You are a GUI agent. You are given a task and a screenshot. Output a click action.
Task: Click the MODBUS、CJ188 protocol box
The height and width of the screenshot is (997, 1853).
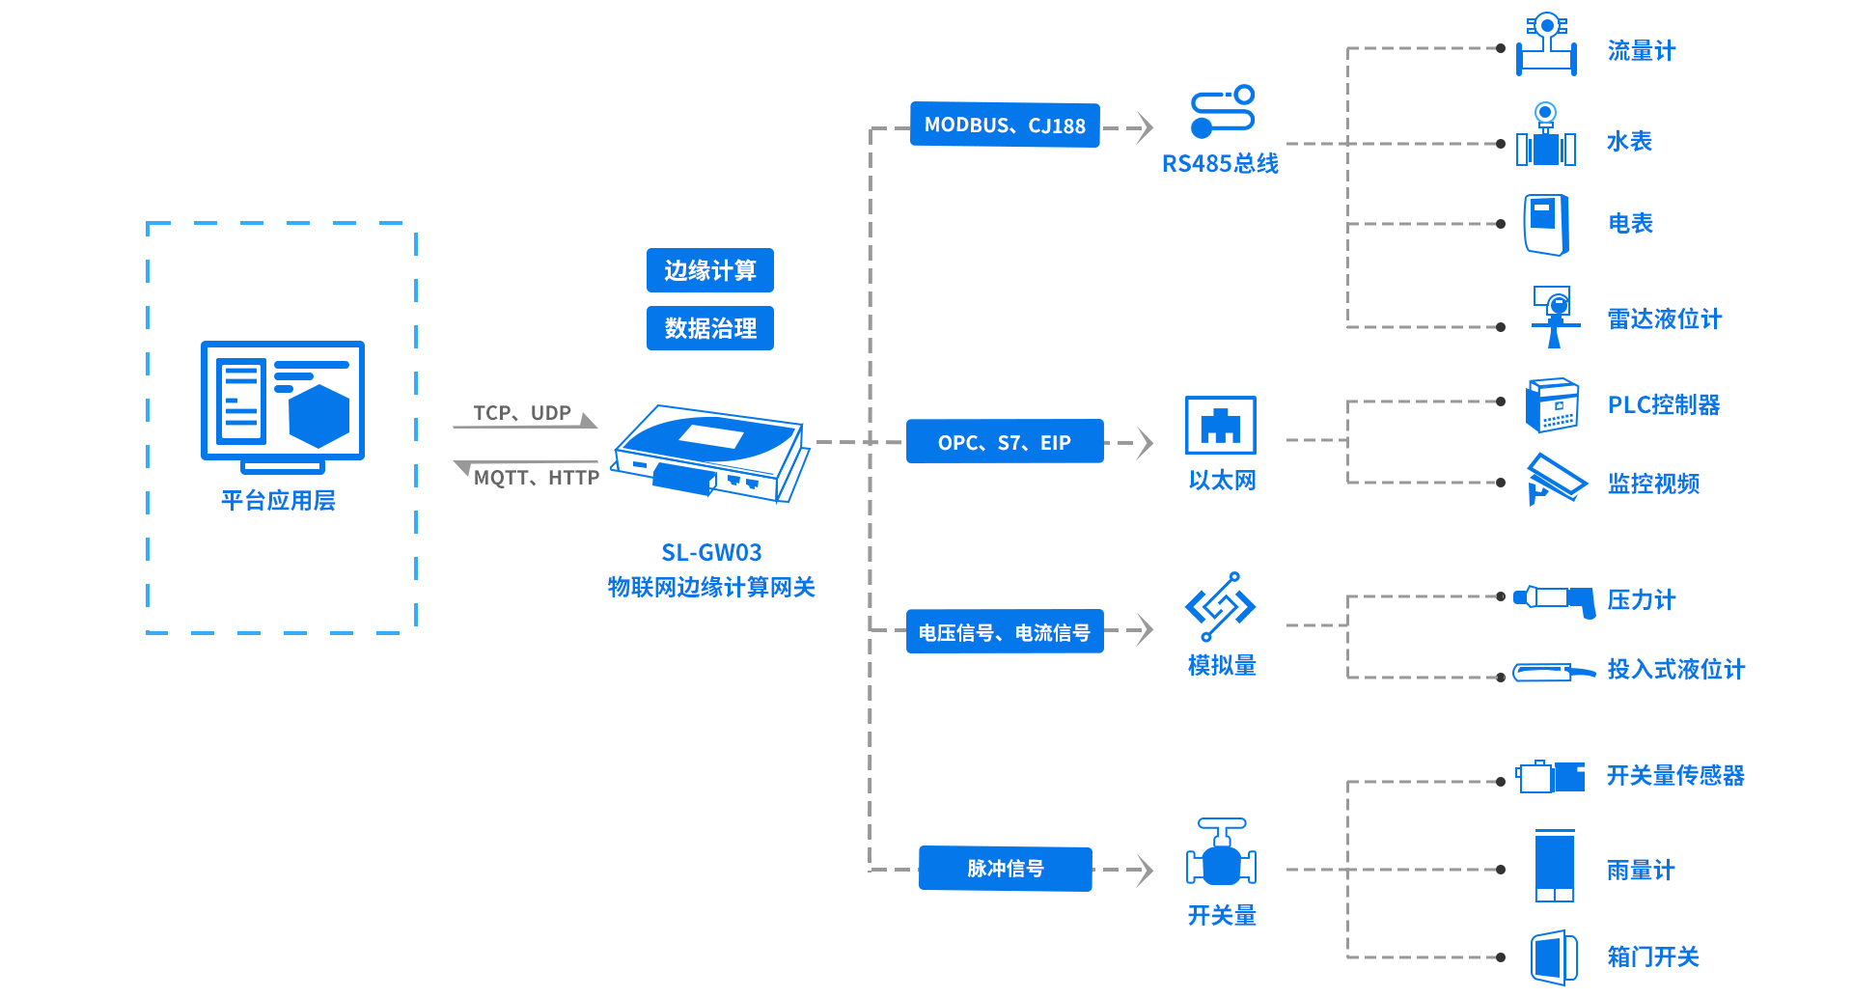1005,125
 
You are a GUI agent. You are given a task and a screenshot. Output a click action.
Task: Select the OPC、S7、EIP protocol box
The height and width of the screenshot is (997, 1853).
1005,442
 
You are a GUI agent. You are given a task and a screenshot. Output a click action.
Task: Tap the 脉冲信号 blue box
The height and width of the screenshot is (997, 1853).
1005,869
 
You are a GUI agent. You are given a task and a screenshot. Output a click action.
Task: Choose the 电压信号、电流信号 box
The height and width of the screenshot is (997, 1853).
1005,632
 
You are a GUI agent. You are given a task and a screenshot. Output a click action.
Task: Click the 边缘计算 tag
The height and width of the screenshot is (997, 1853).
709,270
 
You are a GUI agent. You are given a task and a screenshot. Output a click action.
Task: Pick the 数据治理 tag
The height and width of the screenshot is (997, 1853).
709,328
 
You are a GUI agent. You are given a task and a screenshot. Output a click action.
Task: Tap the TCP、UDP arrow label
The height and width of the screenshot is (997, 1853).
522,413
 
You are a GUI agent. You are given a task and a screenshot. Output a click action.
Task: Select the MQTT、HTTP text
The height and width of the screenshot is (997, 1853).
537,478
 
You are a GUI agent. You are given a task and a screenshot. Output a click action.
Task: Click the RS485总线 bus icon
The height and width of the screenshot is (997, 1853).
1222,112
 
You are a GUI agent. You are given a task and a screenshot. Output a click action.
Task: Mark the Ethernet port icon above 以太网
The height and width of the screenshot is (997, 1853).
1221,425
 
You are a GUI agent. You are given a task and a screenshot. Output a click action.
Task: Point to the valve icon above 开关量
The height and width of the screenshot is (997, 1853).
1221,853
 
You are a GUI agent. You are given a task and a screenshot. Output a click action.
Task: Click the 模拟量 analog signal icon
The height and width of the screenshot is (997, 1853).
1220,606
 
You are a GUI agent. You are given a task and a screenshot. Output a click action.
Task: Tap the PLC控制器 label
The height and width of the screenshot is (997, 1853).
1664,405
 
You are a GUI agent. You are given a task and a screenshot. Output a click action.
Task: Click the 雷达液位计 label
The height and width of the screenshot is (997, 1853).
1665,319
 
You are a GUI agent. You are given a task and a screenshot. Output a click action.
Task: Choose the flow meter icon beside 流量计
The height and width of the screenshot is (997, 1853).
1546,45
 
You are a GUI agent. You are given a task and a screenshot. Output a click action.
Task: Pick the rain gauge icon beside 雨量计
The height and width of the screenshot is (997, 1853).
1554,866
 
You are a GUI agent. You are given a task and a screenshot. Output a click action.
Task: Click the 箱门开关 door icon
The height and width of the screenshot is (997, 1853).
1553,957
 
